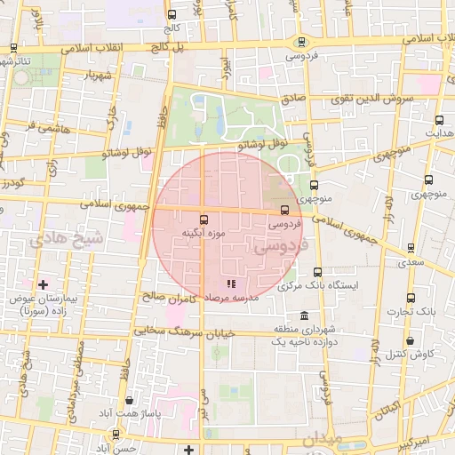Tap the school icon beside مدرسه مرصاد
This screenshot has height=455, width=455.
point(230,284)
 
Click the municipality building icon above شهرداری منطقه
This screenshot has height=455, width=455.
point(305,317)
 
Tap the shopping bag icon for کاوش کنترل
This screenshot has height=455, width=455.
point(410,340)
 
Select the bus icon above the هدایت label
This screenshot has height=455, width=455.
point(439,120)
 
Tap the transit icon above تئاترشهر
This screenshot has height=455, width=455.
point(12,49)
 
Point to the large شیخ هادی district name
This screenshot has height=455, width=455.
point(66,240)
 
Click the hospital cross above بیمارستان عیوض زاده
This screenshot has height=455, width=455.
point(43,284)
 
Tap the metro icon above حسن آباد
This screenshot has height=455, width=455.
point(116,435)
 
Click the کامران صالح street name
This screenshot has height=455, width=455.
point(169,297)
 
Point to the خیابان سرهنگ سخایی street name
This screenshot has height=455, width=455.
point(178,331)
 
